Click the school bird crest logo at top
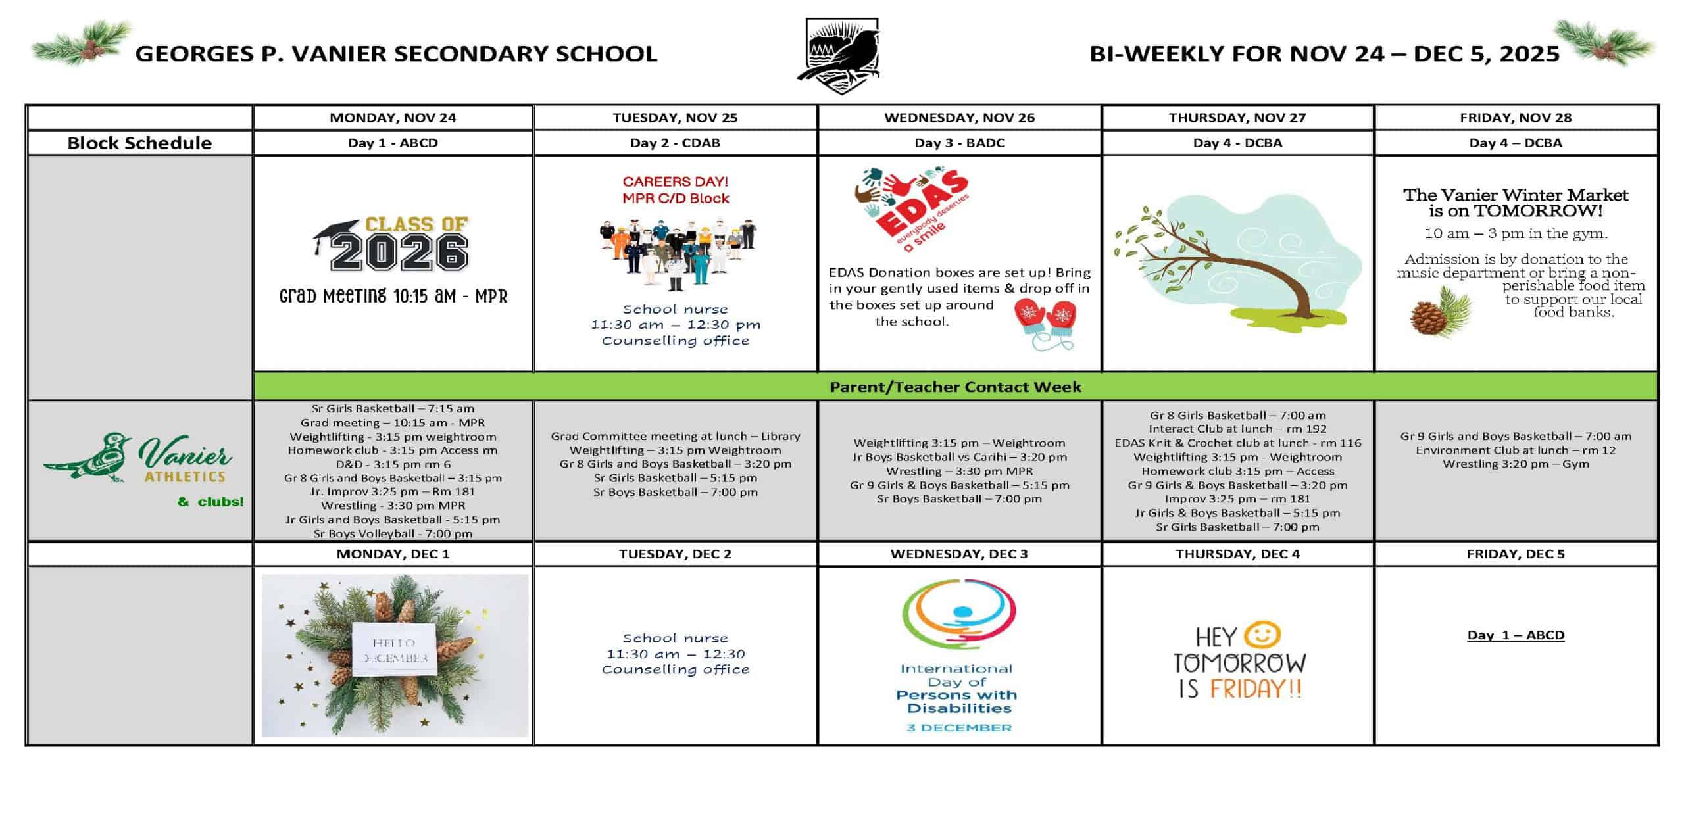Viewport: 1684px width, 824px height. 842,55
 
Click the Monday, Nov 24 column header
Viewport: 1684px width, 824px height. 393,118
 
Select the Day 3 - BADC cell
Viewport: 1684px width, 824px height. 959,143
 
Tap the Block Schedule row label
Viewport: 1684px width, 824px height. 139,143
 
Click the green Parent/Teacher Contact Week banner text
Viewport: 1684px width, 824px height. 955,387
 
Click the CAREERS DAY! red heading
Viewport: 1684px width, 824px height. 675,182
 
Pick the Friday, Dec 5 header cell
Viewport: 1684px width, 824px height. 1516,554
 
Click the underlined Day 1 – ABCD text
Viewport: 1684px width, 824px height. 1516,635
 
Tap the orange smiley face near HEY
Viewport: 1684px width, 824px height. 1264,635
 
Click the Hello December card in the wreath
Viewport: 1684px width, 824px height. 394,650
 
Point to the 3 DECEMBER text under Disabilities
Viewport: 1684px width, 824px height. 959,727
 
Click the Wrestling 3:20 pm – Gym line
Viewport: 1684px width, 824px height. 1516,464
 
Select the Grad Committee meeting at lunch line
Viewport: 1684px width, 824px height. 675,436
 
